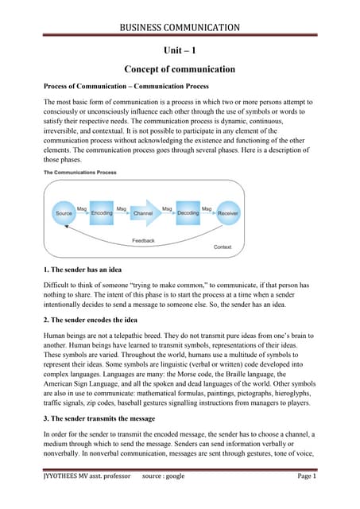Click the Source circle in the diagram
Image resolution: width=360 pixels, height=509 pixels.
coord(64,214)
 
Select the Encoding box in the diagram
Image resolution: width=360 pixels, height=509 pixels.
coord(102,214)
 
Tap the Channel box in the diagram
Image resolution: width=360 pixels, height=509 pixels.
coord(144,214)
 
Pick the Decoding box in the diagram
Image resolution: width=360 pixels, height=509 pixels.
coord(188,214)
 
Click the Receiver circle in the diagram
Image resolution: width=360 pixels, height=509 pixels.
coord(228,214)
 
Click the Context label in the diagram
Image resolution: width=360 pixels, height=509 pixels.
coord(223,247)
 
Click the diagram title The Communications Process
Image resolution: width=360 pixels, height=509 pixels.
coord(76,173)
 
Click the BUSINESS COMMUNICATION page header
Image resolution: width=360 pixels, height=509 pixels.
coord(179,29)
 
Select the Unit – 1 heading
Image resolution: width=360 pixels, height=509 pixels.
coord(179,50)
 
